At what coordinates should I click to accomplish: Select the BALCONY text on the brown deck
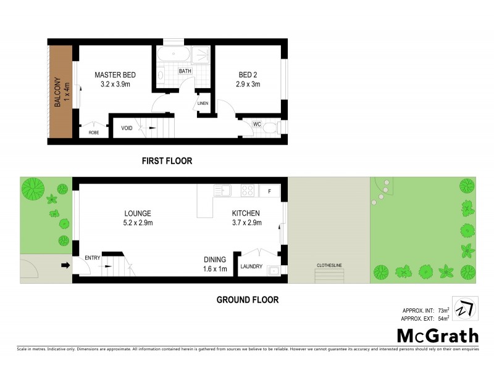click(58, 92)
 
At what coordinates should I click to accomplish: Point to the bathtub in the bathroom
click(174, 55)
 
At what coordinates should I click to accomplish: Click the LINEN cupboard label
click(203, 103)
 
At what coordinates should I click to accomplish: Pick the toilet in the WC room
click(274, 128)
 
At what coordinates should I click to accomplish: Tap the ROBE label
click(94, 132)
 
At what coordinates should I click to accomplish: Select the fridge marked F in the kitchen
click(269, 191)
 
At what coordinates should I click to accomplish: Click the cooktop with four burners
click(248, 191)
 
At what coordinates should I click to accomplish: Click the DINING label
click(216, 260)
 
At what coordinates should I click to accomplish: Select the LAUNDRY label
click(252, 266)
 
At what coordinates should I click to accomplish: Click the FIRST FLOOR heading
click(167, 161)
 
